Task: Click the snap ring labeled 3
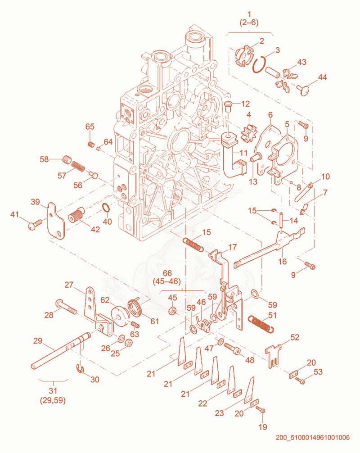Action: pos(253,66)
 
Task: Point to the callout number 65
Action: pos(90,127)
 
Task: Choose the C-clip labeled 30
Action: pos(80,369)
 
